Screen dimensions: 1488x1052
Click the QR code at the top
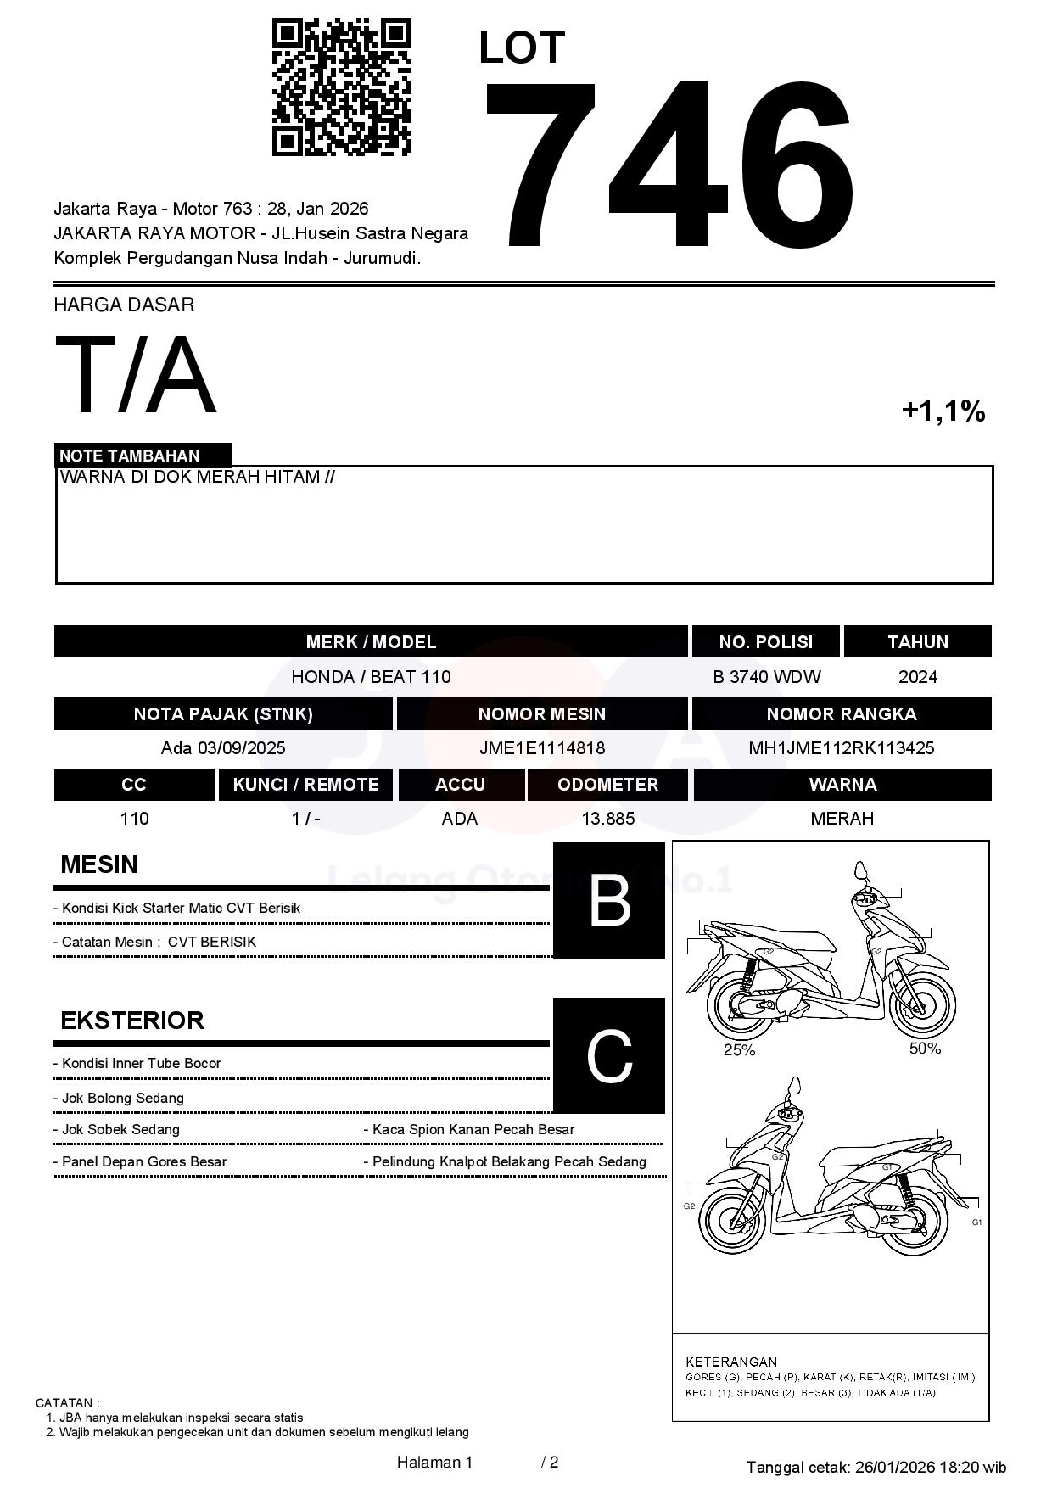[341, 87]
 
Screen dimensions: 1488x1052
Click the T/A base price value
[136, 375]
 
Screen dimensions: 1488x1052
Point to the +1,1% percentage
[943, 411]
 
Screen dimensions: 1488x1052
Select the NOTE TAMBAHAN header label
[130, 456]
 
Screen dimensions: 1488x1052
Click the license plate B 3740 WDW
[766, 677]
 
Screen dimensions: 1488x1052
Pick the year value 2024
[917, 677]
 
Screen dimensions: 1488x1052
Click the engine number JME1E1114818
[541, 748]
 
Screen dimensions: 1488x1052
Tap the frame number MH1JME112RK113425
[841, 748]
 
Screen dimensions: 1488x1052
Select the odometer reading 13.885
[607, 819]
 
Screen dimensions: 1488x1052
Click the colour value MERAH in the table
[842, 819]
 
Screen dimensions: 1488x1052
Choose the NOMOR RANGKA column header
[841, 714]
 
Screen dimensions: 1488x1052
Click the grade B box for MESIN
[608, 901]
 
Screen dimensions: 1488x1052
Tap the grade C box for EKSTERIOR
[608, 1055]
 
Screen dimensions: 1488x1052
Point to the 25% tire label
[739, 1050]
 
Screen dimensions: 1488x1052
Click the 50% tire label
[925, 1049]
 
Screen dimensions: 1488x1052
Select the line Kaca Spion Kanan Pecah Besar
[473, 1130]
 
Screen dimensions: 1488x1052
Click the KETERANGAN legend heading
[731, 1362]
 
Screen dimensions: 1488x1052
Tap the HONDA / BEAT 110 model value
[371, 677]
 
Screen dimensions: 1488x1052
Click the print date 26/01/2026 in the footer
[894, 1467]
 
